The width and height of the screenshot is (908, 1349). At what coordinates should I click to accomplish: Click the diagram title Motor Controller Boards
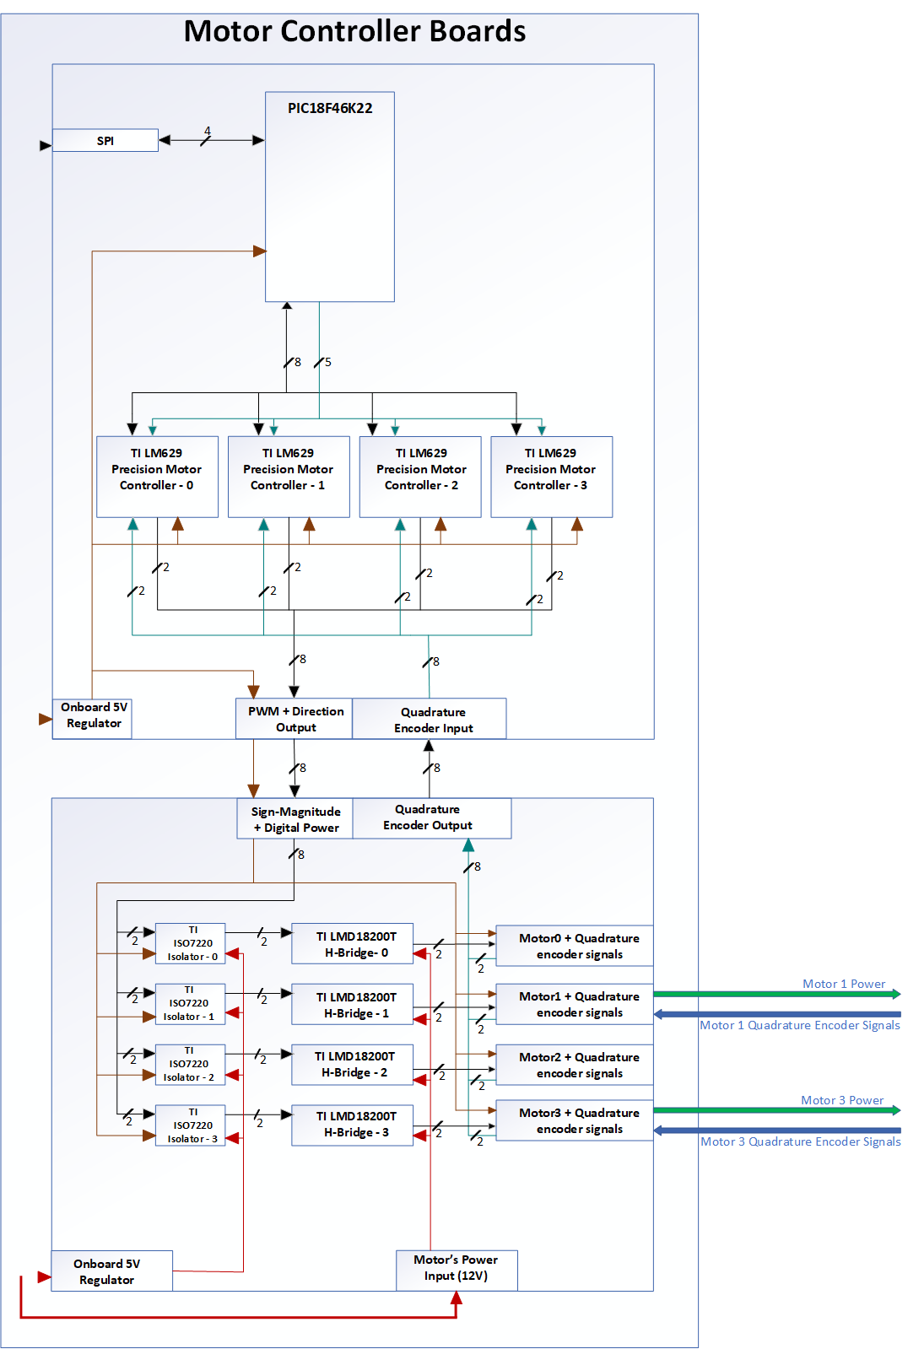354,31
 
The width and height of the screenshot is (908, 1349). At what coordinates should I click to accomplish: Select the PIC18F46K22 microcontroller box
330,197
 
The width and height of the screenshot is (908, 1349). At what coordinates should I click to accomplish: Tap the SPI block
105,140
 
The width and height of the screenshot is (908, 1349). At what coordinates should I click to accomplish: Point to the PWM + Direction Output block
295,719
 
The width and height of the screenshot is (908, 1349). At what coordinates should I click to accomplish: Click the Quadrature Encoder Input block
430,719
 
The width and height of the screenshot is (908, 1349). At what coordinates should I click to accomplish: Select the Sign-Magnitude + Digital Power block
295,818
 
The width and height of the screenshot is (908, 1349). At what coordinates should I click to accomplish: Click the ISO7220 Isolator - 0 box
191,943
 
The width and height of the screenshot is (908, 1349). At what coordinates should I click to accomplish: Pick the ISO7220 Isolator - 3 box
191,1125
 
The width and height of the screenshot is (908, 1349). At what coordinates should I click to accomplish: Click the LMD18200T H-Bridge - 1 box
353,1004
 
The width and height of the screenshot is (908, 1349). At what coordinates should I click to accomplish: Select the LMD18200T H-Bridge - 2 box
353,1064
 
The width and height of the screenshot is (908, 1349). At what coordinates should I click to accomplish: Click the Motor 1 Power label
843,984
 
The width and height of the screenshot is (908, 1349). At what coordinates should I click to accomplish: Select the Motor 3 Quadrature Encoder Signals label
800,1141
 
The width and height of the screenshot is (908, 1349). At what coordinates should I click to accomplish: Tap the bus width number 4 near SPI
208,131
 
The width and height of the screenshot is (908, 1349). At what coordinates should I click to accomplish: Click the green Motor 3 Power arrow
776,1111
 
